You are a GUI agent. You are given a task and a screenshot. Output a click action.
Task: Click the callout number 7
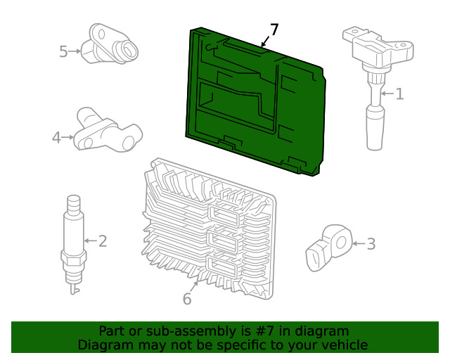274,30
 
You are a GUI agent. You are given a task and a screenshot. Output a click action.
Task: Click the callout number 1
399,94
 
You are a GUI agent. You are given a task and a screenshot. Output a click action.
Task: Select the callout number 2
103,241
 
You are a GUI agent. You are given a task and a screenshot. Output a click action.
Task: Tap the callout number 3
371,244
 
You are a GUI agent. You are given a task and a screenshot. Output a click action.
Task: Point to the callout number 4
57,139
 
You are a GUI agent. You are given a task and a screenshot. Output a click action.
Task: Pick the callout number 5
63,51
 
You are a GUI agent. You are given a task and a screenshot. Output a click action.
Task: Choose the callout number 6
187,299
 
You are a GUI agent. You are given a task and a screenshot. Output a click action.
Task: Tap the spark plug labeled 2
72,239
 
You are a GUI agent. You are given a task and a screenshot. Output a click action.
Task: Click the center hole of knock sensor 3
340,243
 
